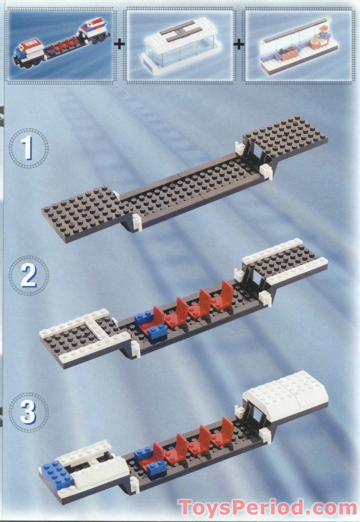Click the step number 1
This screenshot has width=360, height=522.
27,148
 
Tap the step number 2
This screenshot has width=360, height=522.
29,276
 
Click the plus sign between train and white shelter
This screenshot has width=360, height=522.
119,44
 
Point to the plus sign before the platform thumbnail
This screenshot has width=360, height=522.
239,44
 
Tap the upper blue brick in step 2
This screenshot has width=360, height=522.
144,318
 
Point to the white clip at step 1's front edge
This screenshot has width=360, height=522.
137,222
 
